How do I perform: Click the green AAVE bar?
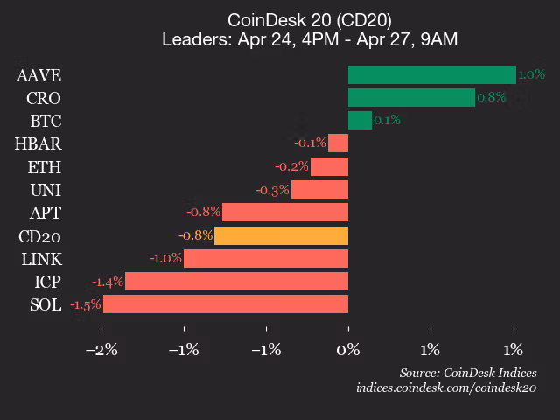coord(431,74)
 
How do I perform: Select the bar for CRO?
coord(411,97)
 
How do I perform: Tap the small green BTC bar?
coord(360,120)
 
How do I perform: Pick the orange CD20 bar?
coord(281,235)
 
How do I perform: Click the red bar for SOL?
coord(226,304)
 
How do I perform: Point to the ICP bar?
coord(236,281)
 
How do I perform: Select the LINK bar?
coord(266,258)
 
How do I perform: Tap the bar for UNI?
coord(319,189)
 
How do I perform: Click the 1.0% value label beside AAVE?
coord(531,74)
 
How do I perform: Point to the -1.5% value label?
coord(86,304)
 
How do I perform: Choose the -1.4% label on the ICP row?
coord(108,281)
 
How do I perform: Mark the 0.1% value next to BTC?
coord(387,121)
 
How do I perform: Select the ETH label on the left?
coord(45,166)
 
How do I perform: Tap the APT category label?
coord(45,213)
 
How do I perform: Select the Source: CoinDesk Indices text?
coord(467,373)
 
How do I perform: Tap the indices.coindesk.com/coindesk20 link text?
coord(446,387)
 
